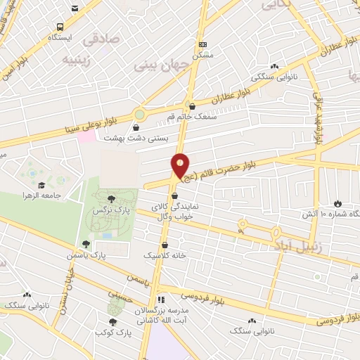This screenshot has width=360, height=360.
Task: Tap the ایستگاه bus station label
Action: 60,37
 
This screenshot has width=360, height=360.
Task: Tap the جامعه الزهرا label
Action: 42,194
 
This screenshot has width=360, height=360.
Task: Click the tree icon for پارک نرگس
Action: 112,199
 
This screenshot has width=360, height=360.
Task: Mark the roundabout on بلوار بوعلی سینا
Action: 140,112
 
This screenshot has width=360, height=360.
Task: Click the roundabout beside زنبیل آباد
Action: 242,225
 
